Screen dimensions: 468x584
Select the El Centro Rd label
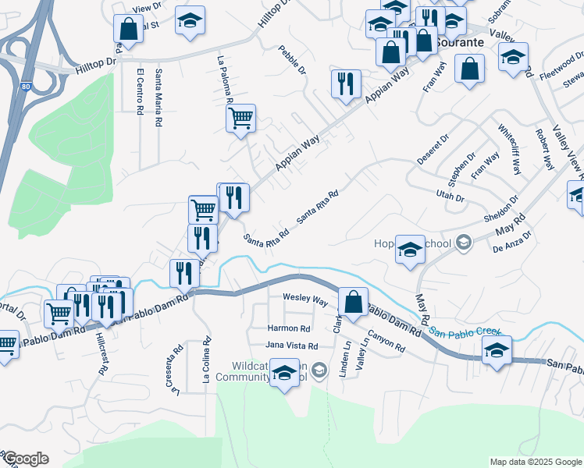141,92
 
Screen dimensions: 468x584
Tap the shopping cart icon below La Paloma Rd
240,119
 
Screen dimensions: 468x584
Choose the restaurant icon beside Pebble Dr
346,83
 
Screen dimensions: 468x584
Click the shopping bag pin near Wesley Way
354,301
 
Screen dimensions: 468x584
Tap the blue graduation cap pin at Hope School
410,249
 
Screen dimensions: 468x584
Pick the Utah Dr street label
450,195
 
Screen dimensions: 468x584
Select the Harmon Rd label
289,329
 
